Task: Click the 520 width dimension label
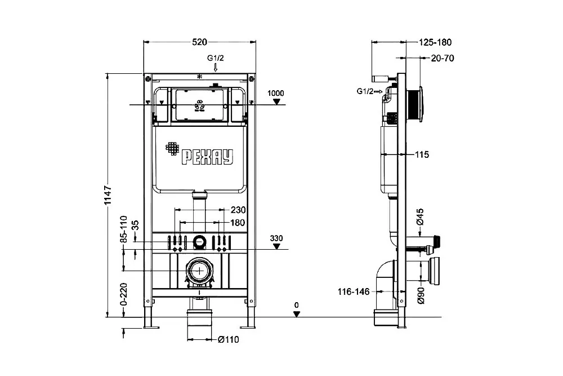click(199, 42)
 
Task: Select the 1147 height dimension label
click(108, 196)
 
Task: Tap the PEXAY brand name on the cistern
click(207, 157)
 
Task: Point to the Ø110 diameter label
click(229, 339)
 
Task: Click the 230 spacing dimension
click(238, 210)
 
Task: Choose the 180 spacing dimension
click(238, 223)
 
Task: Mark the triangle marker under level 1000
click(276, 101)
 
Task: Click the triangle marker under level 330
click(276, 246)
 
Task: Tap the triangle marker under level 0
click(297, 314)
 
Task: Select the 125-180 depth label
click(435, 42)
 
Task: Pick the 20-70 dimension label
click(443, 58)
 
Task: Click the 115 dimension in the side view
click(422, 154)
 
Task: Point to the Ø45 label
click(421, 216)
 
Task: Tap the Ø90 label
click(421, 295)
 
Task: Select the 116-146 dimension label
click(354, 291)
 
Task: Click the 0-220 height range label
click(123, 294)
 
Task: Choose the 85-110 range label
click(124, 229)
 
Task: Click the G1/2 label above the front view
click(216, 58)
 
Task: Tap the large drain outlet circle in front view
click(199, 271)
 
